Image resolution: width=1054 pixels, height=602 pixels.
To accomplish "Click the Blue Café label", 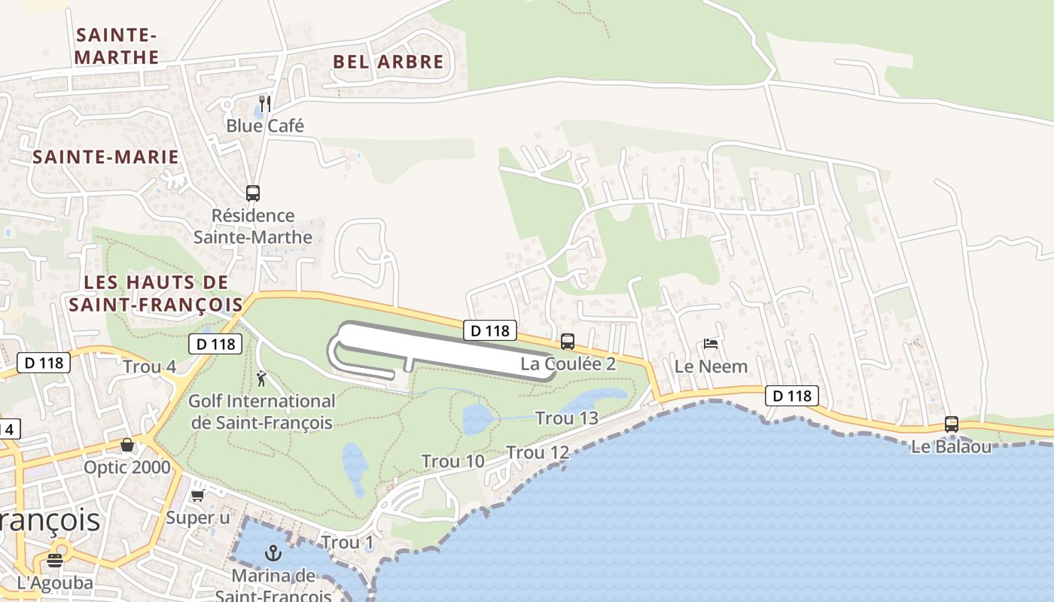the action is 265,126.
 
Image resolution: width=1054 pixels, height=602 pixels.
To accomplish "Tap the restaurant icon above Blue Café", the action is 264,102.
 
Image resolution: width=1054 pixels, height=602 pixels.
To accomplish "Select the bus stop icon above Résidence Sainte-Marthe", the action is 253,193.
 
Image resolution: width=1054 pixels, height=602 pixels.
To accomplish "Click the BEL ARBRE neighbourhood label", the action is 388,62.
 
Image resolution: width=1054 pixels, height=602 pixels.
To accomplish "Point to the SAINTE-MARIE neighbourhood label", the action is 106,157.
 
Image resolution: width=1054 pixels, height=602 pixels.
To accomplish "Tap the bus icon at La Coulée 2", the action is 568,341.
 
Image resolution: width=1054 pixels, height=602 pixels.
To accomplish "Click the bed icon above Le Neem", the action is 711,344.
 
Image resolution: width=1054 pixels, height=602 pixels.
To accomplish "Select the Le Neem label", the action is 711,366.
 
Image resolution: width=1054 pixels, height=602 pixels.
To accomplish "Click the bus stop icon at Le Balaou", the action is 952,424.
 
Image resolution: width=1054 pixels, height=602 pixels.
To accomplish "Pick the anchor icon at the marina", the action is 273,554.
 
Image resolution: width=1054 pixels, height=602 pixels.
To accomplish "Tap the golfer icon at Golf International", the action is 261,379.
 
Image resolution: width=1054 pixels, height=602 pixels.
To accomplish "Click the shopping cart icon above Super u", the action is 198,495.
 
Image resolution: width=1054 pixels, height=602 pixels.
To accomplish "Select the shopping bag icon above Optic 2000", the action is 127,445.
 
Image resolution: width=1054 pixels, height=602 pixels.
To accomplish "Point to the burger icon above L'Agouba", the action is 55,560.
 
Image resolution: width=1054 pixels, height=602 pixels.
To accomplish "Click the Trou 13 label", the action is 566,418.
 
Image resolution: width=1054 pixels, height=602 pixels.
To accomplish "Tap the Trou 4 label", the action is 149,367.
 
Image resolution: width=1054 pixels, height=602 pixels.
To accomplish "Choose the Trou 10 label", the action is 452,461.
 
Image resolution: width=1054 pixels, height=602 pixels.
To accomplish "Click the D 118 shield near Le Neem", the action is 791,396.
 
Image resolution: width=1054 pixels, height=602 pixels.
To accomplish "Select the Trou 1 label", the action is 347,543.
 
